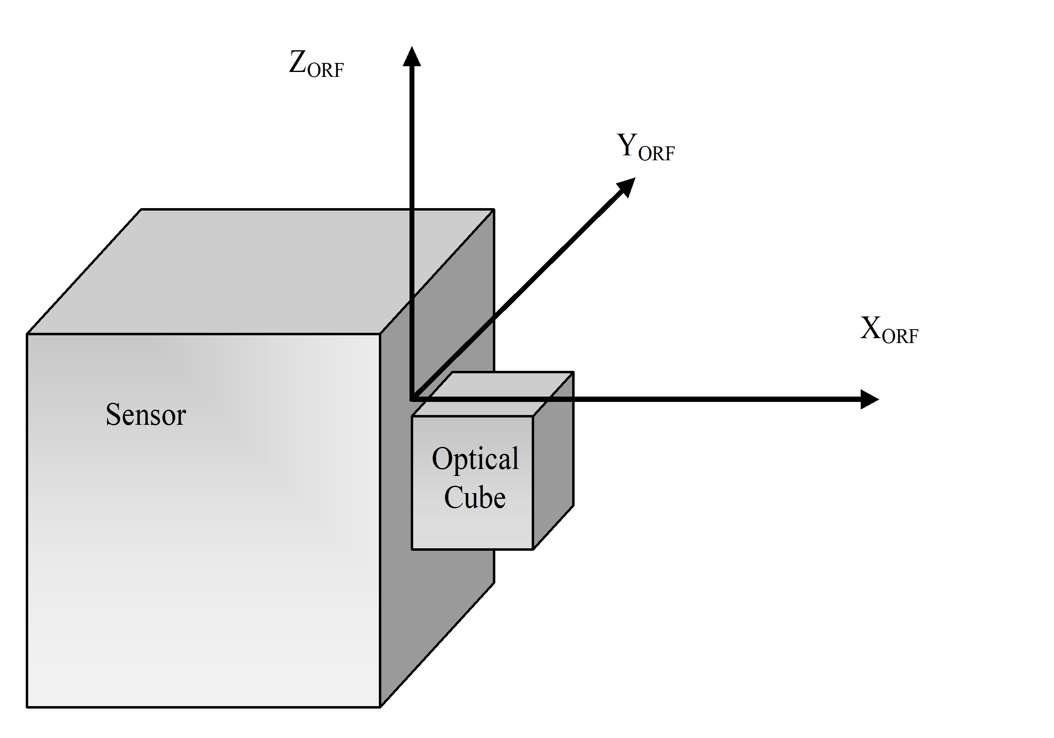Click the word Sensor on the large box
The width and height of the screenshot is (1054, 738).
click(145, 415)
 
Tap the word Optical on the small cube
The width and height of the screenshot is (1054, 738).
click(475, 459)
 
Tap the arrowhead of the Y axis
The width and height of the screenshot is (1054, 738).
click(627, 186)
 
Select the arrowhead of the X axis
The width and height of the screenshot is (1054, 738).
click(868, 399)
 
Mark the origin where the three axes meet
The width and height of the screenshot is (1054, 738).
click(412, 399)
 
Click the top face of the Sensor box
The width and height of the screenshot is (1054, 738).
click(257, 271)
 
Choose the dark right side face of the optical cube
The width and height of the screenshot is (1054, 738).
click(553, 459)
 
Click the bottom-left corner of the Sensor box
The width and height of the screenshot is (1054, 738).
click(27, 707)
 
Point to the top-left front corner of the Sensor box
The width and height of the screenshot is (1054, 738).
click(27, 334)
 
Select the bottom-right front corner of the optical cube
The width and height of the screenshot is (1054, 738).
click(533, 549)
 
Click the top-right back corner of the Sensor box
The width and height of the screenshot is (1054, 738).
click(494, 209)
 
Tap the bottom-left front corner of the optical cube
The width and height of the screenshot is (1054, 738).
click(412, 549)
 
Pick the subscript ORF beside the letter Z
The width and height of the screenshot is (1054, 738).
click(325, 70)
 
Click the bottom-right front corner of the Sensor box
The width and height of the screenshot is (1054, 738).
click(380, 707)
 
